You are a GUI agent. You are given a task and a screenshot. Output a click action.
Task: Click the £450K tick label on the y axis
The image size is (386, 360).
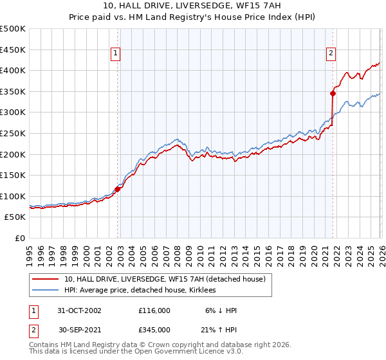[x=13, y=50]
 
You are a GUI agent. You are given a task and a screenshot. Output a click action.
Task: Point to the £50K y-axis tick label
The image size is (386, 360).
[x=15, y=217]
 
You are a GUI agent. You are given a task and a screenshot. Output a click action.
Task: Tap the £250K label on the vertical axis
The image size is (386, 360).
[x=13, y=133]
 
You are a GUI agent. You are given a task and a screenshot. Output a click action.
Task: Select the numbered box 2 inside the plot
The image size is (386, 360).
[x=331, y=54]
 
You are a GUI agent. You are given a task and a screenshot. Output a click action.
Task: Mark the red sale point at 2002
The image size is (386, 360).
[x=118, y=189]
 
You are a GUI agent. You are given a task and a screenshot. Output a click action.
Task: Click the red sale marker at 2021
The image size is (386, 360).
[x=333, y=93]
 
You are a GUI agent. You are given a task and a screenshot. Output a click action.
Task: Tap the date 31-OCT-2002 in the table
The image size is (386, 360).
[x=80, y=310]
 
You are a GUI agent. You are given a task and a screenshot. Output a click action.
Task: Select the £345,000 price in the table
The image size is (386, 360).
[x=154, y=329]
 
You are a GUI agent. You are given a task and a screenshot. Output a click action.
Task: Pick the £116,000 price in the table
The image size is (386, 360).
[x=154, y=310]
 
